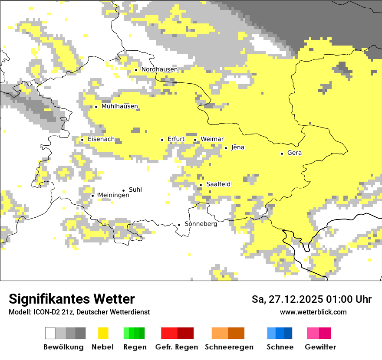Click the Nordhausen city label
point(159,69)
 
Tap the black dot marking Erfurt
point(162,140)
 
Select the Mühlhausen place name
point(119,106)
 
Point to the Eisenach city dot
point(82,139)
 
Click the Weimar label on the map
point(212,139)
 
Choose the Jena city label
point(238,147)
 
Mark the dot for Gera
point(282,153)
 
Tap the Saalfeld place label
point(218,184)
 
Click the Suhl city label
point(135,190)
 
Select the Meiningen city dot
point(92,196)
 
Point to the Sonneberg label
point(201,224)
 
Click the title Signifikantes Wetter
point(72,299)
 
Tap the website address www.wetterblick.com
point(313,312)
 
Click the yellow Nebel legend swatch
point(103,333)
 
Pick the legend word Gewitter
point(320,347)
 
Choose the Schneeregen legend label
point(229,347)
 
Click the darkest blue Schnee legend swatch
point(288,333)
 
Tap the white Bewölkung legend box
point(50,333)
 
